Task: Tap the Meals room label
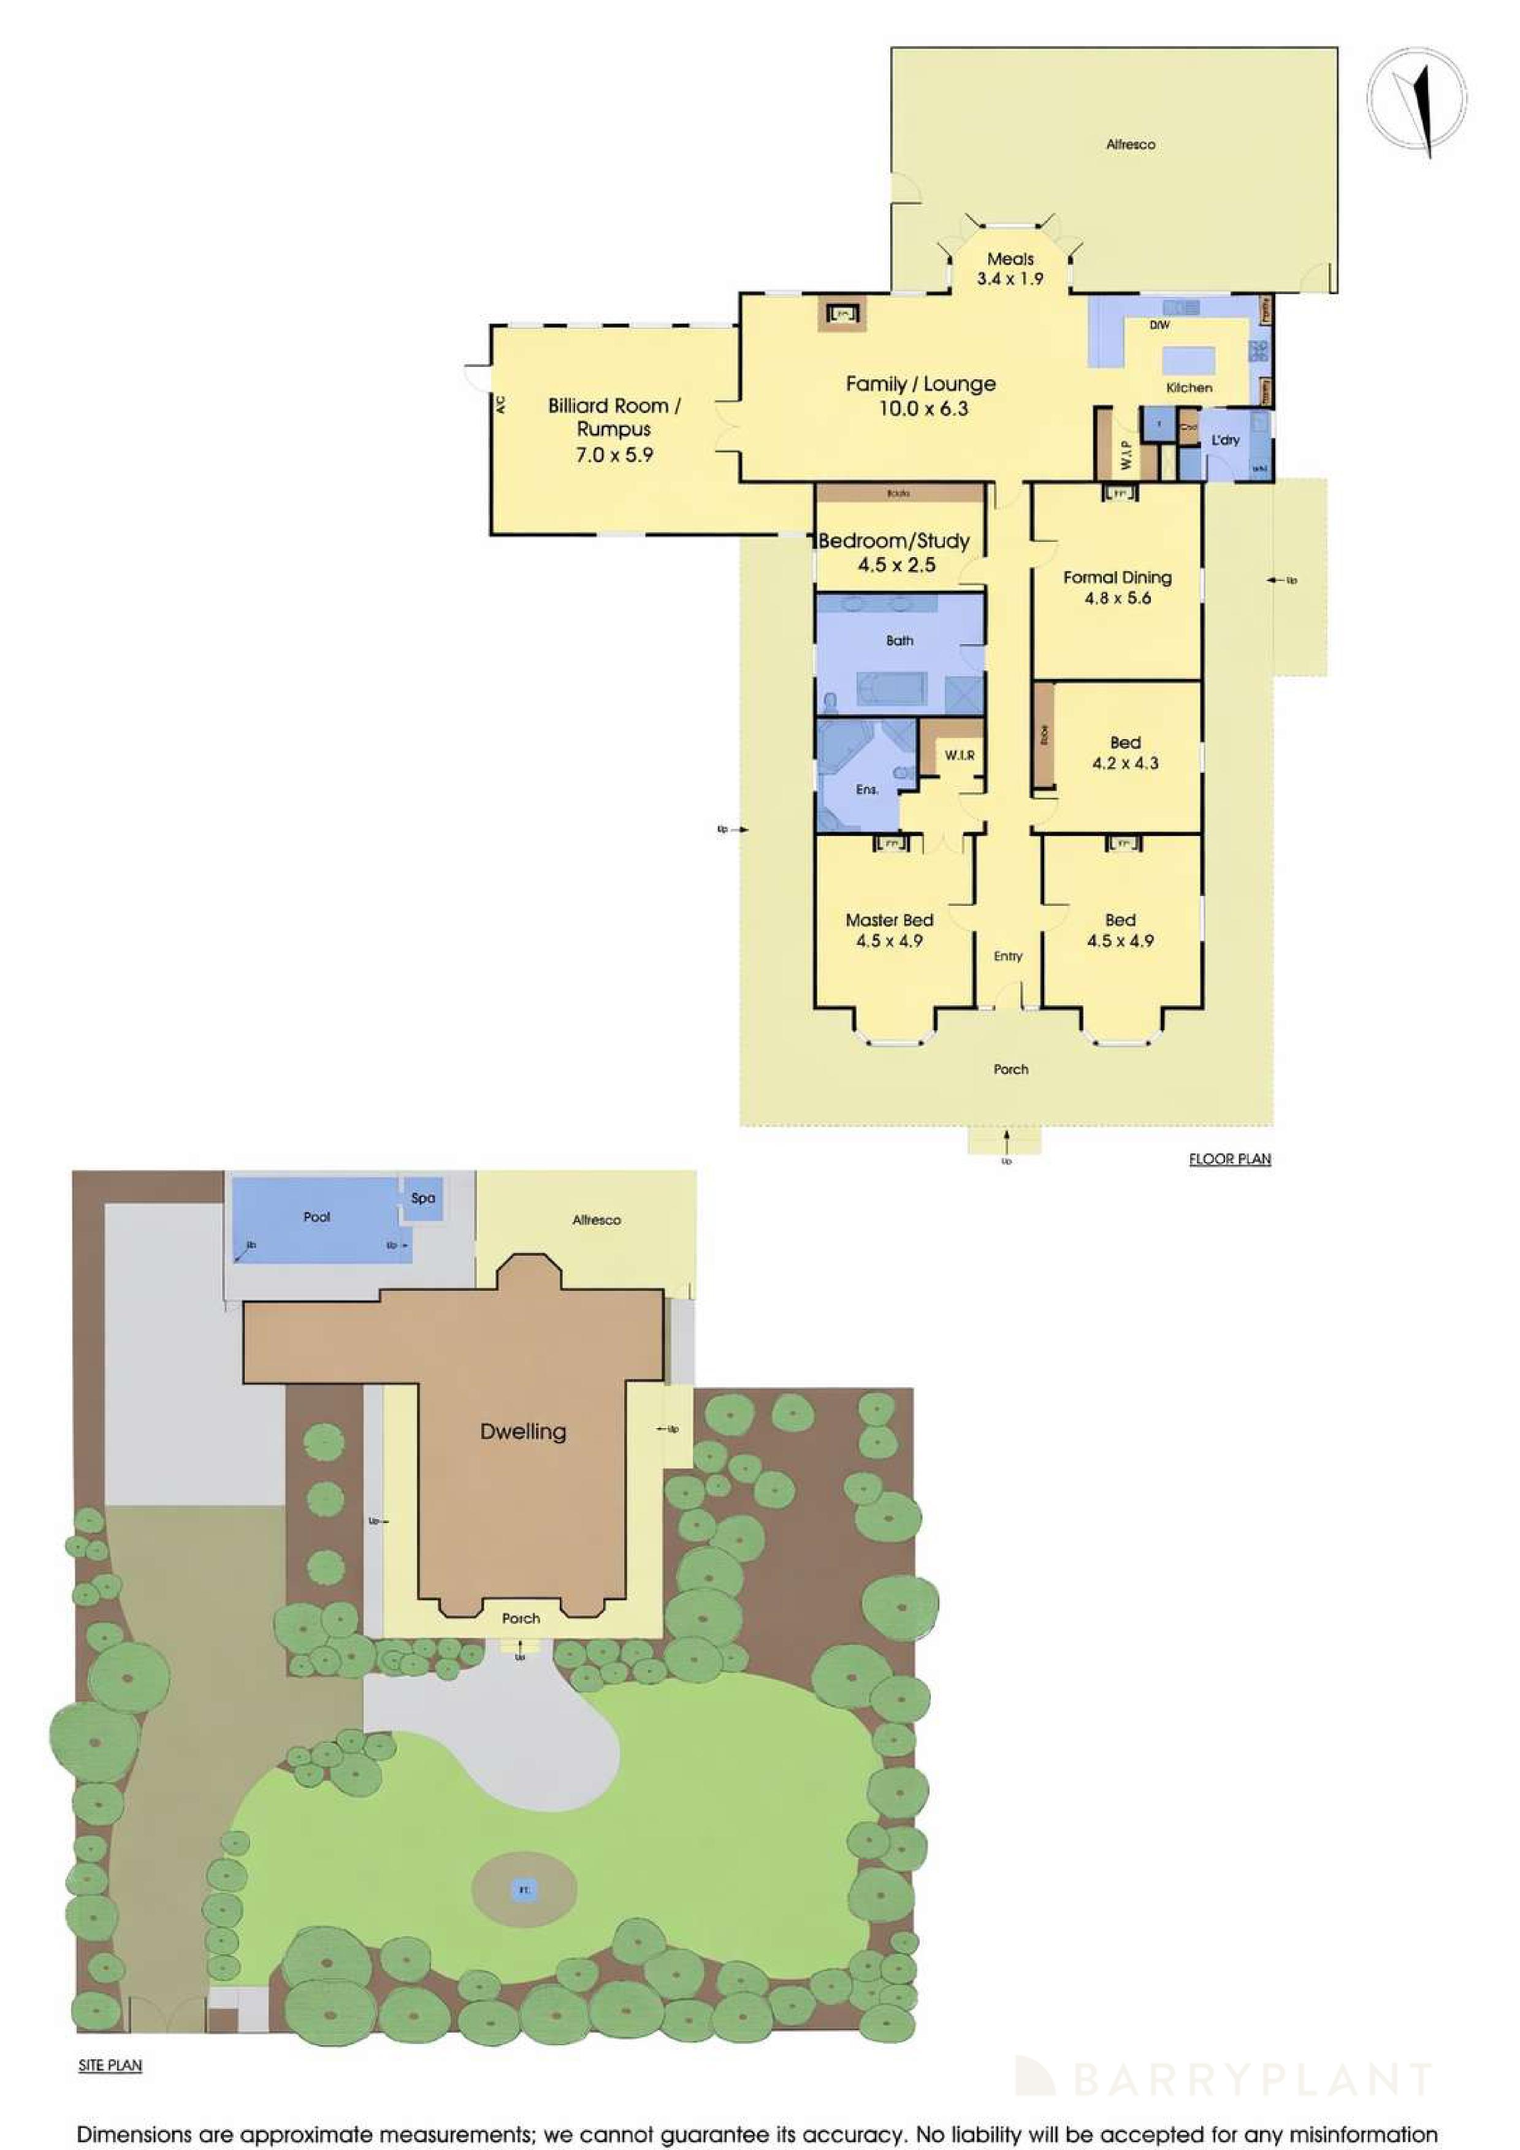(1010, 259)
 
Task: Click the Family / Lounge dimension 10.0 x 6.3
(923, 408)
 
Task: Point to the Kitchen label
(1188, 387)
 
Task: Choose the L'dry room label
(1225, 439)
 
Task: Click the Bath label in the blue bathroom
(899, 640)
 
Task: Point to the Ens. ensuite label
(866, 789)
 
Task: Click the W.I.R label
(959, 754)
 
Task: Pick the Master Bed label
(889, 919)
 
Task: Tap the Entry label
(1008, 956)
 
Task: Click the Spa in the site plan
(422, 1198)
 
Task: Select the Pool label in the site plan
(316, 1217)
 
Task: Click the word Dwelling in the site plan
(522, 1431)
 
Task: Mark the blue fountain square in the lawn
(524, 1890)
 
